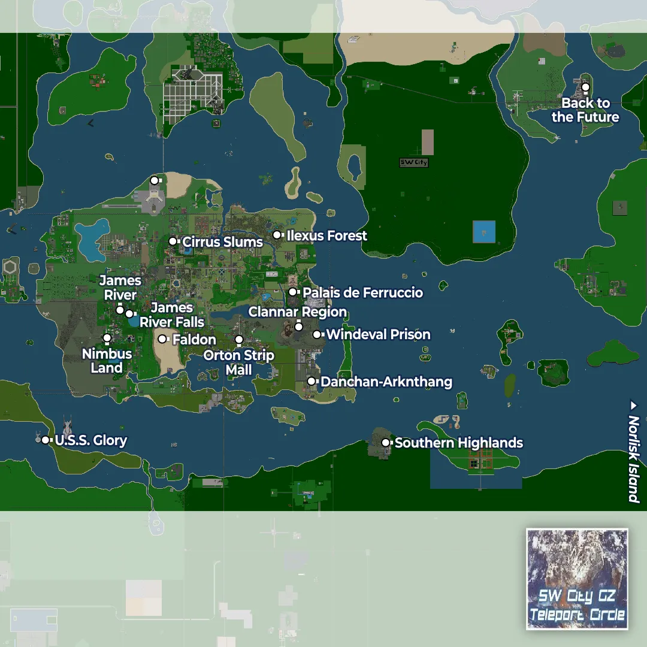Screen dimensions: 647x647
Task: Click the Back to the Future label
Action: pos(585,110)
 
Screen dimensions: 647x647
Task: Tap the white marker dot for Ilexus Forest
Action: pos(277,235)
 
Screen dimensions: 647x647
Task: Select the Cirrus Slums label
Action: pos(222,242)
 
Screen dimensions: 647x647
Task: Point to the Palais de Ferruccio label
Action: pos(362,293)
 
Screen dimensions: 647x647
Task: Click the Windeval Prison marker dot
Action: pos(317,334)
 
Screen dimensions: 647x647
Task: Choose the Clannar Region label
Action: pos(298,312)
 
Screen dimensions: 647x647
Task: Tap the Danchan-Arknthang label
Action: pos(386,382)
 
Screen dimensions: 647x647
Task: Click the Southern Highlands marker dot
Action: pos(386,443)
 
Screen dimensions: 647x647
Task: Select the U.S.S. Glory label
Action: pos(91,441)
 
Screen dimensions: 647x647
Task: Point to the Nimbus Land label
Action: pos(107,361)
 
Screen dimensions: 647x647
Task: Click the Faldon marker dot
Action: pos(162,339)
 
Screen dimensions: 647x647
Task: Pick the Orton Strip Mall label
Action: pos(238,362)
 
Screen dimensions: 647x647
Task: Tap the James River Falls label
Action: pos(172,315)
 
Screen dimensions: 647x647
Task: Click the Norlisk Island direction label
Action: pos(633,452)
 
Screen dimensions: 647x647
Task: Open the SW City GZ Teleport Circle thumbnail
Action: pos(577,579)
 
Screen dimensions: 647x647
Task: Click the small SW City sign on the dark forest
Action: pos(414,162)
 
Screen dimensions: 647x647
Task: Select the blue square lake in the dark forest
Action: pos(484,232)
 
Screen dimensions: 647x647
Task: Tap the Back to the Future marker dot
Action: pos(585,87)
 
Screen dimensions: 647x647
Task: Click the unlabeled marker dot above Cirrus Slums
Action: pos(154,180)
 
